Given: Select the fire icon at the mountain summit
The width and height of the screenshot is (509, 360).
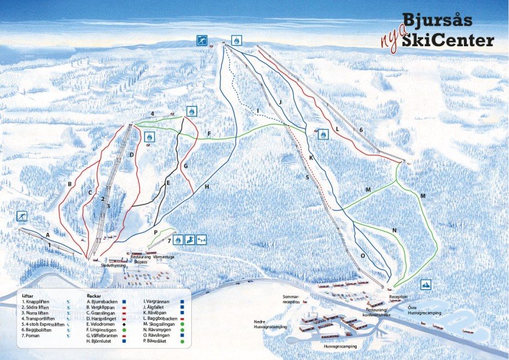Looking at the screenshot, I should (x=237, y=40).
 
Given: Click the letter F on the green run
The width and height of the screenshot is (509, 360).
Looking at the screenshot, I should (x=209, y=133).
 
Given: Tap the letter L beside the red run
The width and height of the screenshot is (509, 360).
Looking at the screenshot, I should (x=338, y=128).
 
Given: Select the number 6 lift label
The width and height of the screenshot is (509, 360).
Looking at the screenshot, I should (x=361, y=130).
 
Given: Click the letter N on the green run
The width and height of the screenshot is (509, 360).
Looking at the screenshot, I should (x=394, y=230).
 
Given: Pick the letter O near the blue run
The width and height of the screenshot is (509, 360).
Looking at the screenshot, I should (x=363, y=255).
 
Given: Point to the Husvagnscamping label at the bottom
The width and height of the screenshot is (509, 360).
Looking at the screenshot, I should (x=340, y=347).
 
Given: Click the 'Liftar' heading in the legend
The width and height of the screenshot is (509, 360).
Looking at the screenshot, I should (x=28, y=296).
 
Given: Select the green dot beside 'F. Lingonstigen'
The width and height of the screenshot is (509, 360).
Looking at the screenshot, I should (x=123, y=329).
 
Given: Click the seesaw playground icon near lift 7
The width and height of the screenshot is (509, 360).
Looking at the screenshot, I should (x=201, y=239).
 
